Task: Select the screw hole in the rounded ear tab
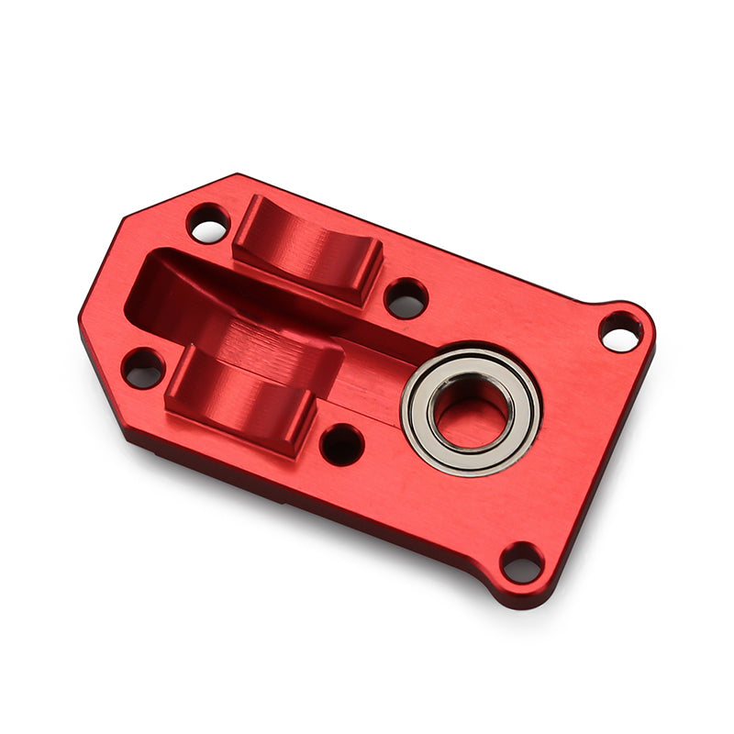(621, 331)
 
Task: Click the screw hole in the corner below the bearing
(522, 562)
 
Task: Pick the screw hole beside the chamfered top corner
(208, 223)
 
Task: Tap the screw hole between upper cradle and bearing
(406, 297)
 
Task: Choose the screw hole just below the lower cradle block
(342, 444)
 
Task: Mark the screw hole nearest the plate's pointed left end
(143, 367)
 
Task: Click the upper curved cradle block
(308, 248)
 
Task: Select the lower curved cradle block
(240, 395)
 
